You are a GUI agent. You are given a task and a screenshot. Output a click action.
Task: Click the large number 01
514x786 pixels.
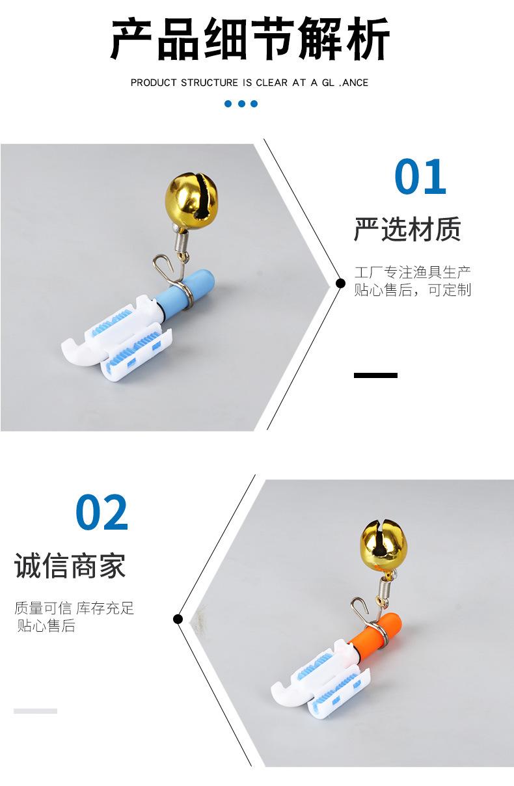(420, 177)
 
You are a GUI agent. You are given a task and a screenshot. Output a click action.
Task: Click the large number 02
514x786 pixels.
(102, 513)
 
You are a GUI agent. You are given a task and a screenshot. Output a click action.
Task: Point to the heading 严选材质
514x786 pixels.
(407, 230)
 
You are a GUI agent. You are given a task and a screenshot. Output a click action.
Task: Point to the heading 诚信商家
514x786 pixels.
(70, 566)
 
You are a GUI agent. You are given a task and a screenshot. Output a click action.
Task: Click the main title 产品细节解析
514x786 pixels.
(250, 40)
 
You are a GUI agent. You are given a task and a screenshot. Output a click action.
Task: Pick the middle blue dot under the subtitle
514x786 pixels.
(241, 103)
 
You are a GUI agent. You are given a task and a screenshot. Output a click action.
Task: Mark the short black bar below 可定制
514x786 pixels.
(375, 375)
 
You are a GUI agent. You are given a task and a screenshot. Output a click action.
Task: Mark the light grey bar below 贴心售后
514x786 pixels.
(35, 711)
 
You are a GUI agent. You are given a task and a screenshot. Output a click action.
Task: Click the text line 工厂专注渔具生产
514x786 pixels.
(413, 272)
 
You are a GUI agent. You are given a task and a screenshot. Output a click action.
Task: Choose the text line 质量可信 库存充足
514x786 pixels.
(74, 608)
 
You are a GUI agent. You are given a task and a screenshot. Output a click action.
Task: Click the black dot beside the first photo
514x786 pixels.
(340, 283)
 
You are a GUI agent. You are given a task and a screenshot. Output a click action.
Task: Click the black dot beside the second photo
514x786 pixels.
(178, 618)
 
